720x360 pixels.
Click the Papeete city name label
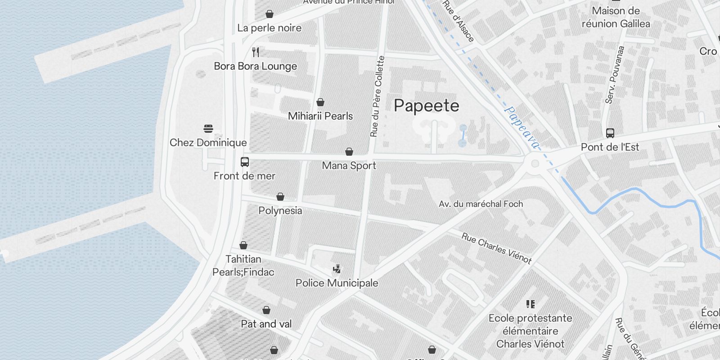click(426, 106)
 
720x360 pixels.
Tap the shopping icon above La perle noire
click(269, 14)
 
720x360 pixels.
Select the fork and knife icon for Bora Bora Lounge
click(256, 52)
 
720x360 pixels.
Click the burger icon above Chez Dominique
click(208, 129)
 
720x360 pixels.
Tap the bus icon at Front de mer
click(244, 162)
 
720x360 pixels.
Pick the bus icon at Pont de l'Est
click(610, 133)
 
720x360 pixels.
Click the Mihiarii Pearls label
click(320, 116)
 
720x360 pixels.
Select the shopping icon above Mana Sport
click(349, 152)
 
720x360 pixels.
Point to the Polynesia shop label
click(280, 211)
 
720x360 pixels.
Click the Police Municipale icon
click(337, 269)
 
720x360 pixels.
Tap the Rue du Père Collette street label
click(377, 96)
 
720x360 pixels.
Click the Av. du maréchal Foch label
click(481, 204)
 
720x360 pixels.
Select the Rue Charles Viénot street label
click(496, 247)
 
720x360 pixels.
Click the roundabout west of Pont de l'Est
click(535, 163)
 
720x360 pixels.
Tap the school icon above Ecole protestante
click(530, 304)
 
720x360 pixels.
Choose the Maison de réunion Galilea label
click(615, 17)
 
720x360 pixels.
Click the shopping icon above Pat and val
click(266, 310)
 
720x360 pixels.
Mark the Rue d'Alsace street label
click(458, 21)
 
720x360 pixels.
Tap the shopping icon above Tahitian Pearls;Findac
click(243, 245)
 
